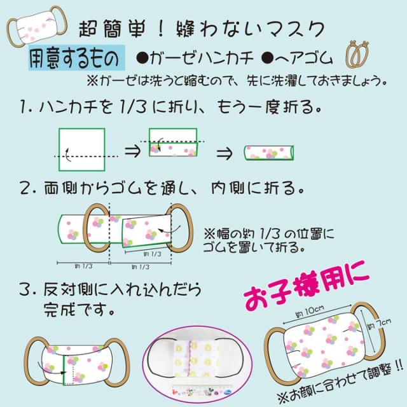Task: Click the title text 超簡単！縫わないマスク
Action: click(203, 29)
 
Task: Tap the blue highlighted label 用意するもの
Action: click(74, 59)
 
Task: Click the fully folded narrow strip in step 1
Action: click(269, 153)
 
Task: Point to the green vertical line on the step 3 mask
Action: click(64, 368)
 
